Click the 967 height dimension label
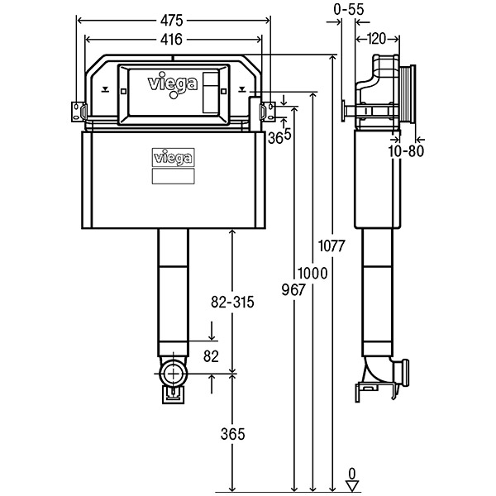(293, 290)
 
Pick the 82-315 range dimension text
(231, 302)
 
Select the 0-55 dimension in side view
(350, 9)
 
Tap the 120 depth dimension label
(376, 38)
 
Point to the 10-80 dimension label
(404, 150)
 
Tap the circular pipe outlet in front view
(173, 374)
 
